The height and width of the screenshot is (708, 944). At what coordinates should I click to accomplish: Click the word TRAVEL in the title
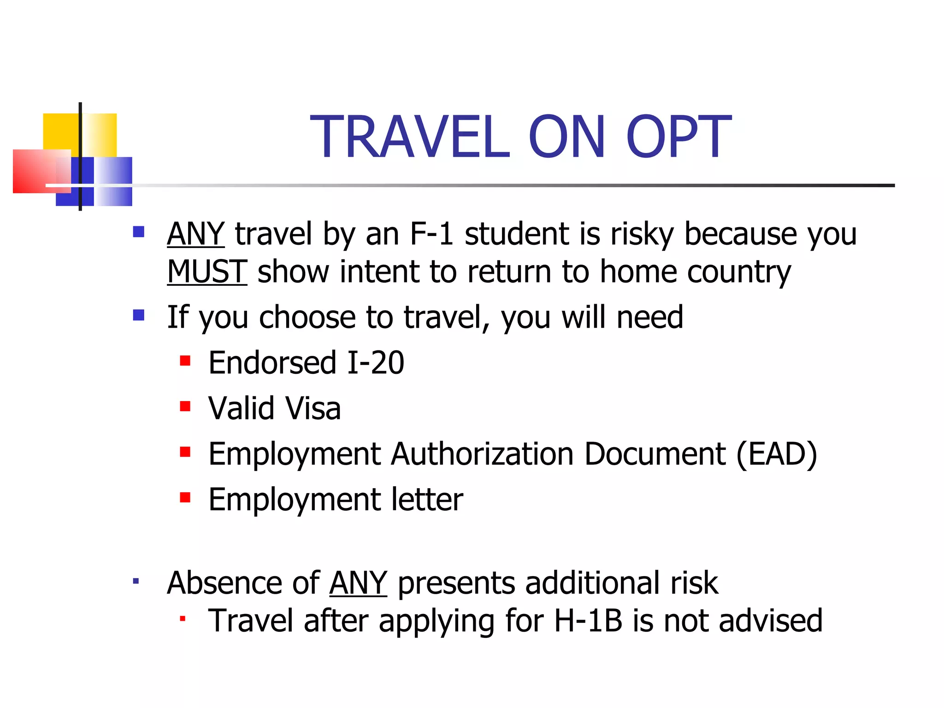click(x=410, y=137)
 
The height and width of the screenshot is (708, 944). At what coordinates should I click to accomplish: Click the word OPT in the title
click(x=678, y=137)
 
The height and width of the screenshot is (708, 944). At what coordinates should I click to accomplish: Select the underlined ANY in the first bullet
click(x=195, y=234)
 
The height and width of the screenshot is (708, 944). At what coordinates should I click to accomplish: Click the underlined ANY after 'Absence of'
click(x=358, y=583)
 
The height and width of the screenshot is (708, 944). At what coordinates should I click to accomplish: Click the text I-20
click(x=376, y=363)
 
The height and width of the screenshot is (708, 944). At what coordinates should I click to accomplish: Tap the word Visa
click(x=313, y=408)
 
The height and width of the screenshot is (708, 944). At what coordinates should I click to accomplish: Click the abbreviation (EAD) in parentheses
click(x=777, y=454)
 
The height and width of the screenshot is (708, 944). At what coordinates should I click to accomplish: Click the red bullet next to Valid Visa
click(x=185, y=406)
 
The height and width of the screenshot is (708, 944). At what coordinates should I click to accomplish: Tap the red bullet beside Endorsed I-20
click(x=185, y=360)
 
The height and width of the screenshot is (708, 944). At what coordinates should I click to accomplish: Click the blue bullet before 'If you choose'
click(x=139, y=315)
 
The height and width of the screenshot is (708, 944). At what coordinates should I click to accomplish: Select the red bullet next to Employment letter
click(x=185, y=497)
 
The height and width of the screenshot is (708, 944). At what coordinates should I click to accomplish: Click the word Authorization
click(x=482, y=454)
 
